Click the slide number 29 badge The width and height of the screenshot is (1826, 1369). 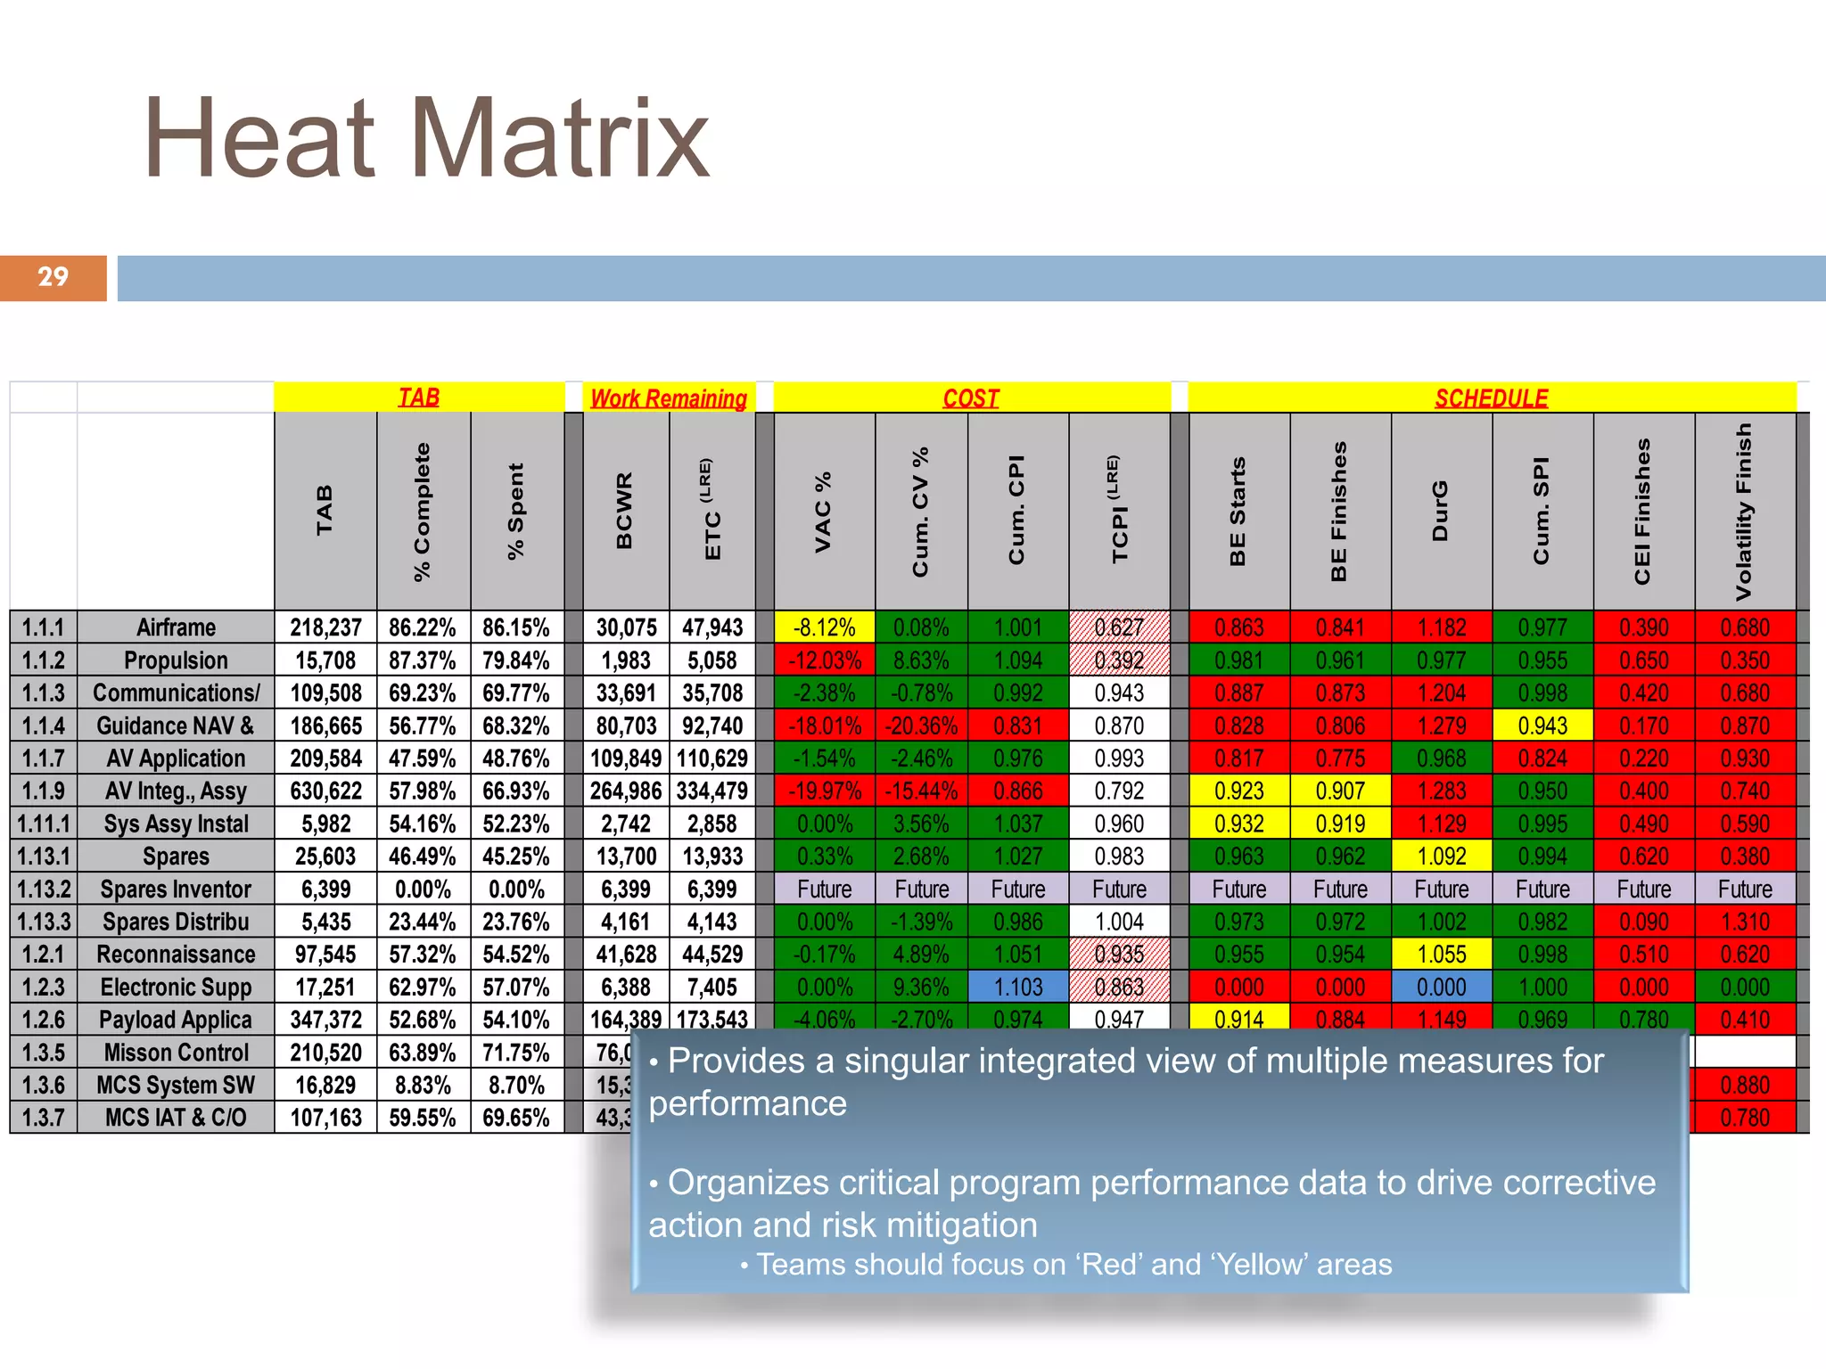(53, 277)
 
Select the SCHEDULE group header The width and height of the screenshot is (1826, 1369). (1491, 398)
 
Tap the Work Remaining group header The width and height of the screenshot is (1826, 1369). (668, 398)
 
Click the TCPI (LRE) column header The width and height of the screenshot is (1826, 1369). (1119, 511)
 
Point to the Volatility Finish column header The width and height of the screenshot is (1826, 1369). (1744, 511)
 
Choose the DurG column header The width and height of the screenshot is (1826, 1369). (1440, 511)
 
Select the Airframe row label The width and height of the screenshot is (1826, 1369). (176, 627)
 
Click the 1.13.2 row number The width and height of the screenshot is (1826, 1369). (44, 889)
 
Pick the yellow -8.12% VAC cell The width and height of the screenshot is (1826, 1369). (824, 627)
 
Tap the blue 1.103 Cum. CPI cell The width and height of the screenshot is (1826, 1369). (1017, 987)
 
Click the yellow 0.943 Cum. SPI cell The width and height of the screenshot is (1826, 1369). (1542, 725)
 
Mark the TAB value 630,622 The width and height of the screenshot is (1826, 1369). (325, 791)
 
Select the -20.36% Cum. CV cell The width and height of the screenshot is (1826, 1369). (921, 725)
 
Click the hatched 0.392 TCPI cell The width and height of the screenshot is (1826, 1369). (1119, 660)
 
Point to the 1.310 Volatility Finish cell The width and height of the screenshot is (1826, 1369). (1745, 922)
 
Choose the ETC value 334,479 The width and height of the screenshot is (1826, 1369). (712, 791)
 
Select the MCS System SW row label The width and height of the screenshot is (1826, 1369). (176, 1085)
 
